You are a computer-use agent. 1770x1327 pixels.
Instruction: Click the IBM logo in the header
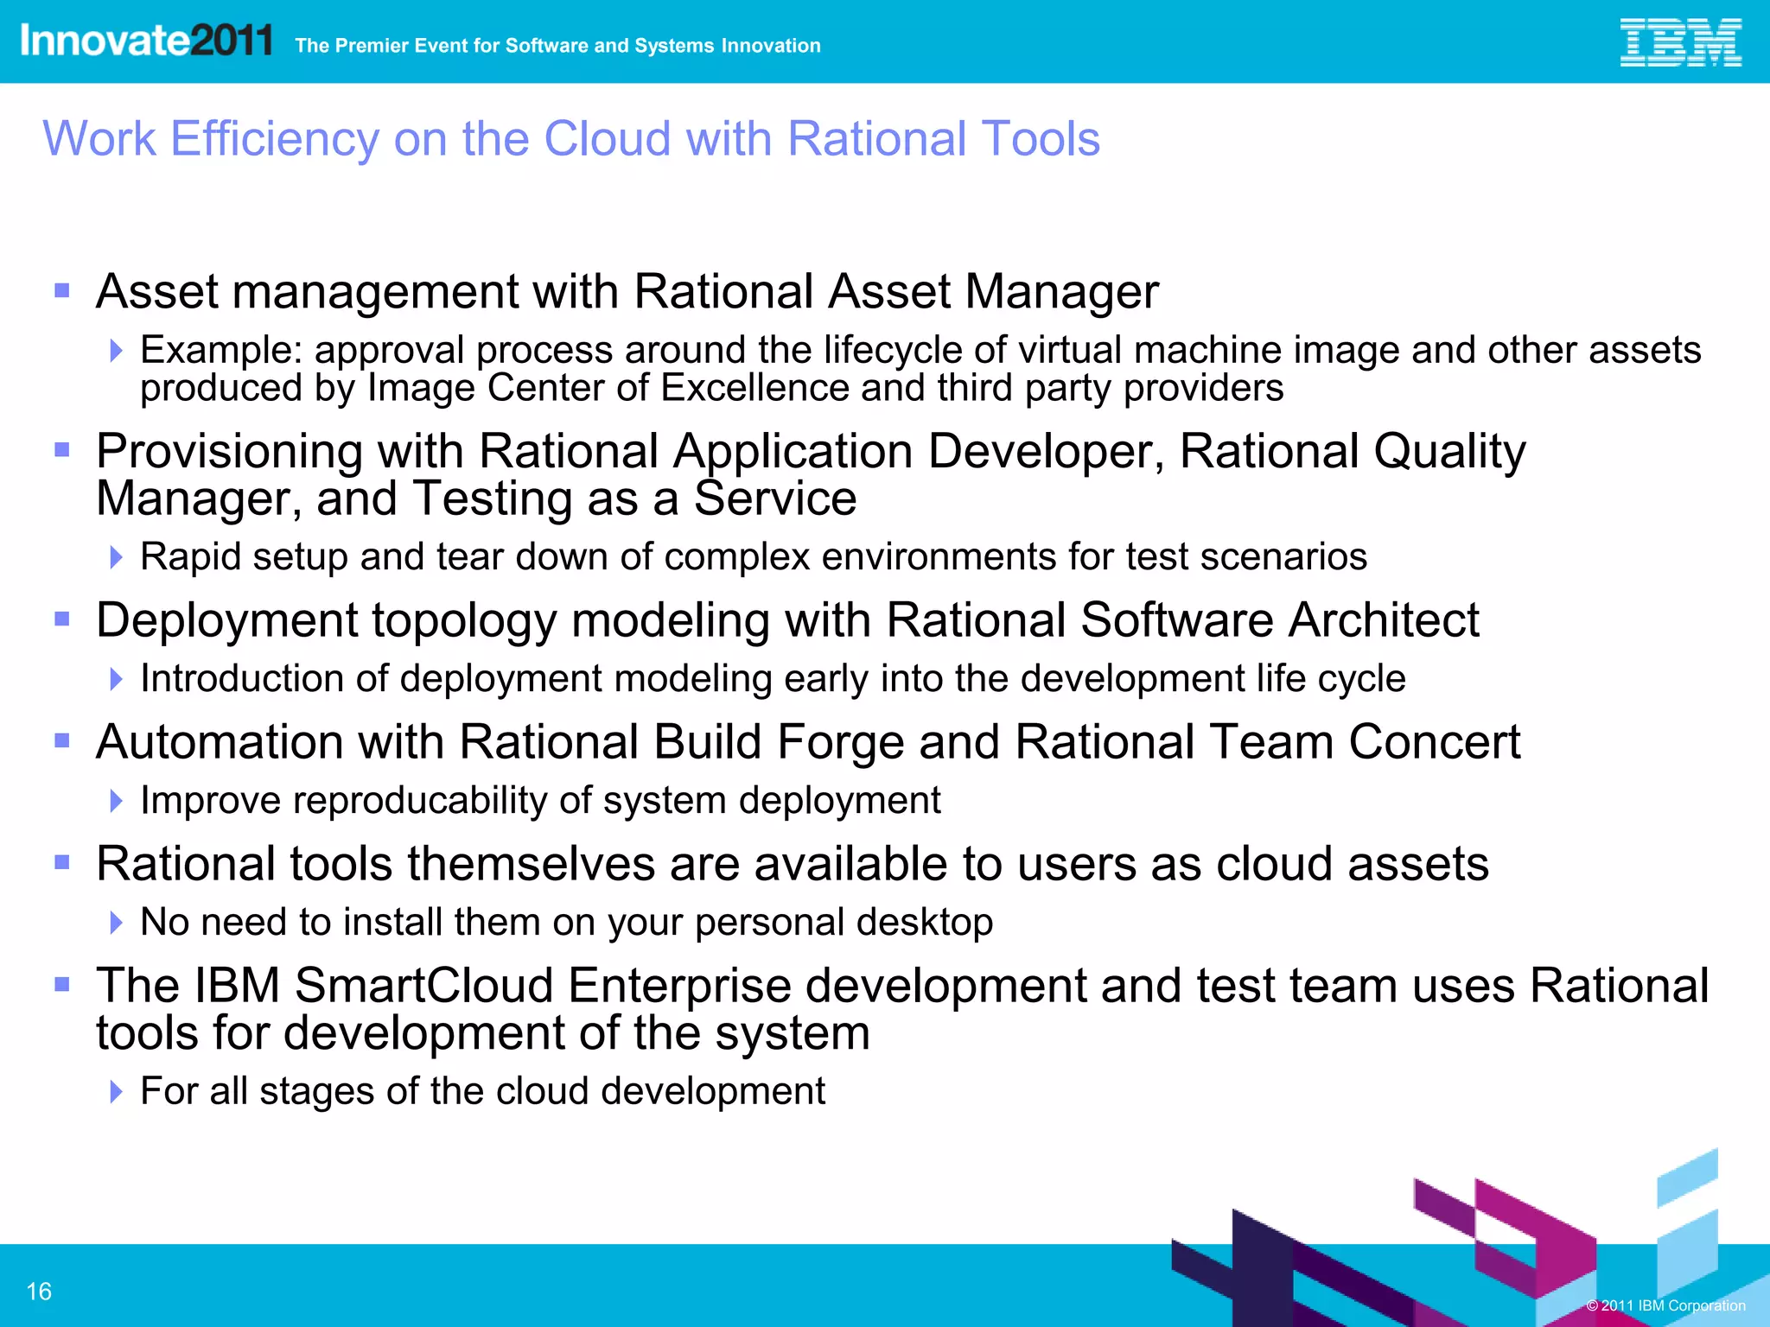click(1680, 43)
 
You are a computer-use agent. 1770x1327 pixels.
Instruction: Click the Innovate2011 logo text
click(146, 41)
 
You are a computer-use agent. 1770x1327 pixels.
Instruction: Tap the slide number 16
click(39, 1292)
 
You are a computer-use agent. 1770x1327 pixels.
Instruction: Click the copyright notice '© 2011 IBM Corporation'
click(1665, 1305)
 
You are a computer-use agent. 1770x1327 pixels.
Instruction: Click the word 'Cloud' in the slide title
click(607, 138)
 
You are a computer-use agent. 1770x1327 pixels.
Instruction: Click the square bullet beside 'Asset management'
click(62, 290)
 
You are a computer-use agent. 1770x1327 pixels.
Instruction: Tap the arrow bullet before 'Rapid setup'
click(117, 557)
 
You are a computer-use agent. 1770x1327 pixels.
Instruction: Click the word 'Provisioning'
click(229, 452)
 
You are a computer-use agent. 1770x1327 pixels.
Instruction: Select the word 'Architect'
click(1384, 620)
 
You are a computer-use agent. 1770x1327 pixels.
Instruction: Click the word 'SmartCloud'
click(423, 986)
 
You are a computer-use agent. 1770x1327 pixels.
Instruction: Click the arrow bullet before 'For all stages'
click(117, 1092)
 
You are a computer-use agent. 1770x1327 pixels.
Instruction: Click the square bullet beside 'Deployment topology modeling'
click(62, 619)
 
